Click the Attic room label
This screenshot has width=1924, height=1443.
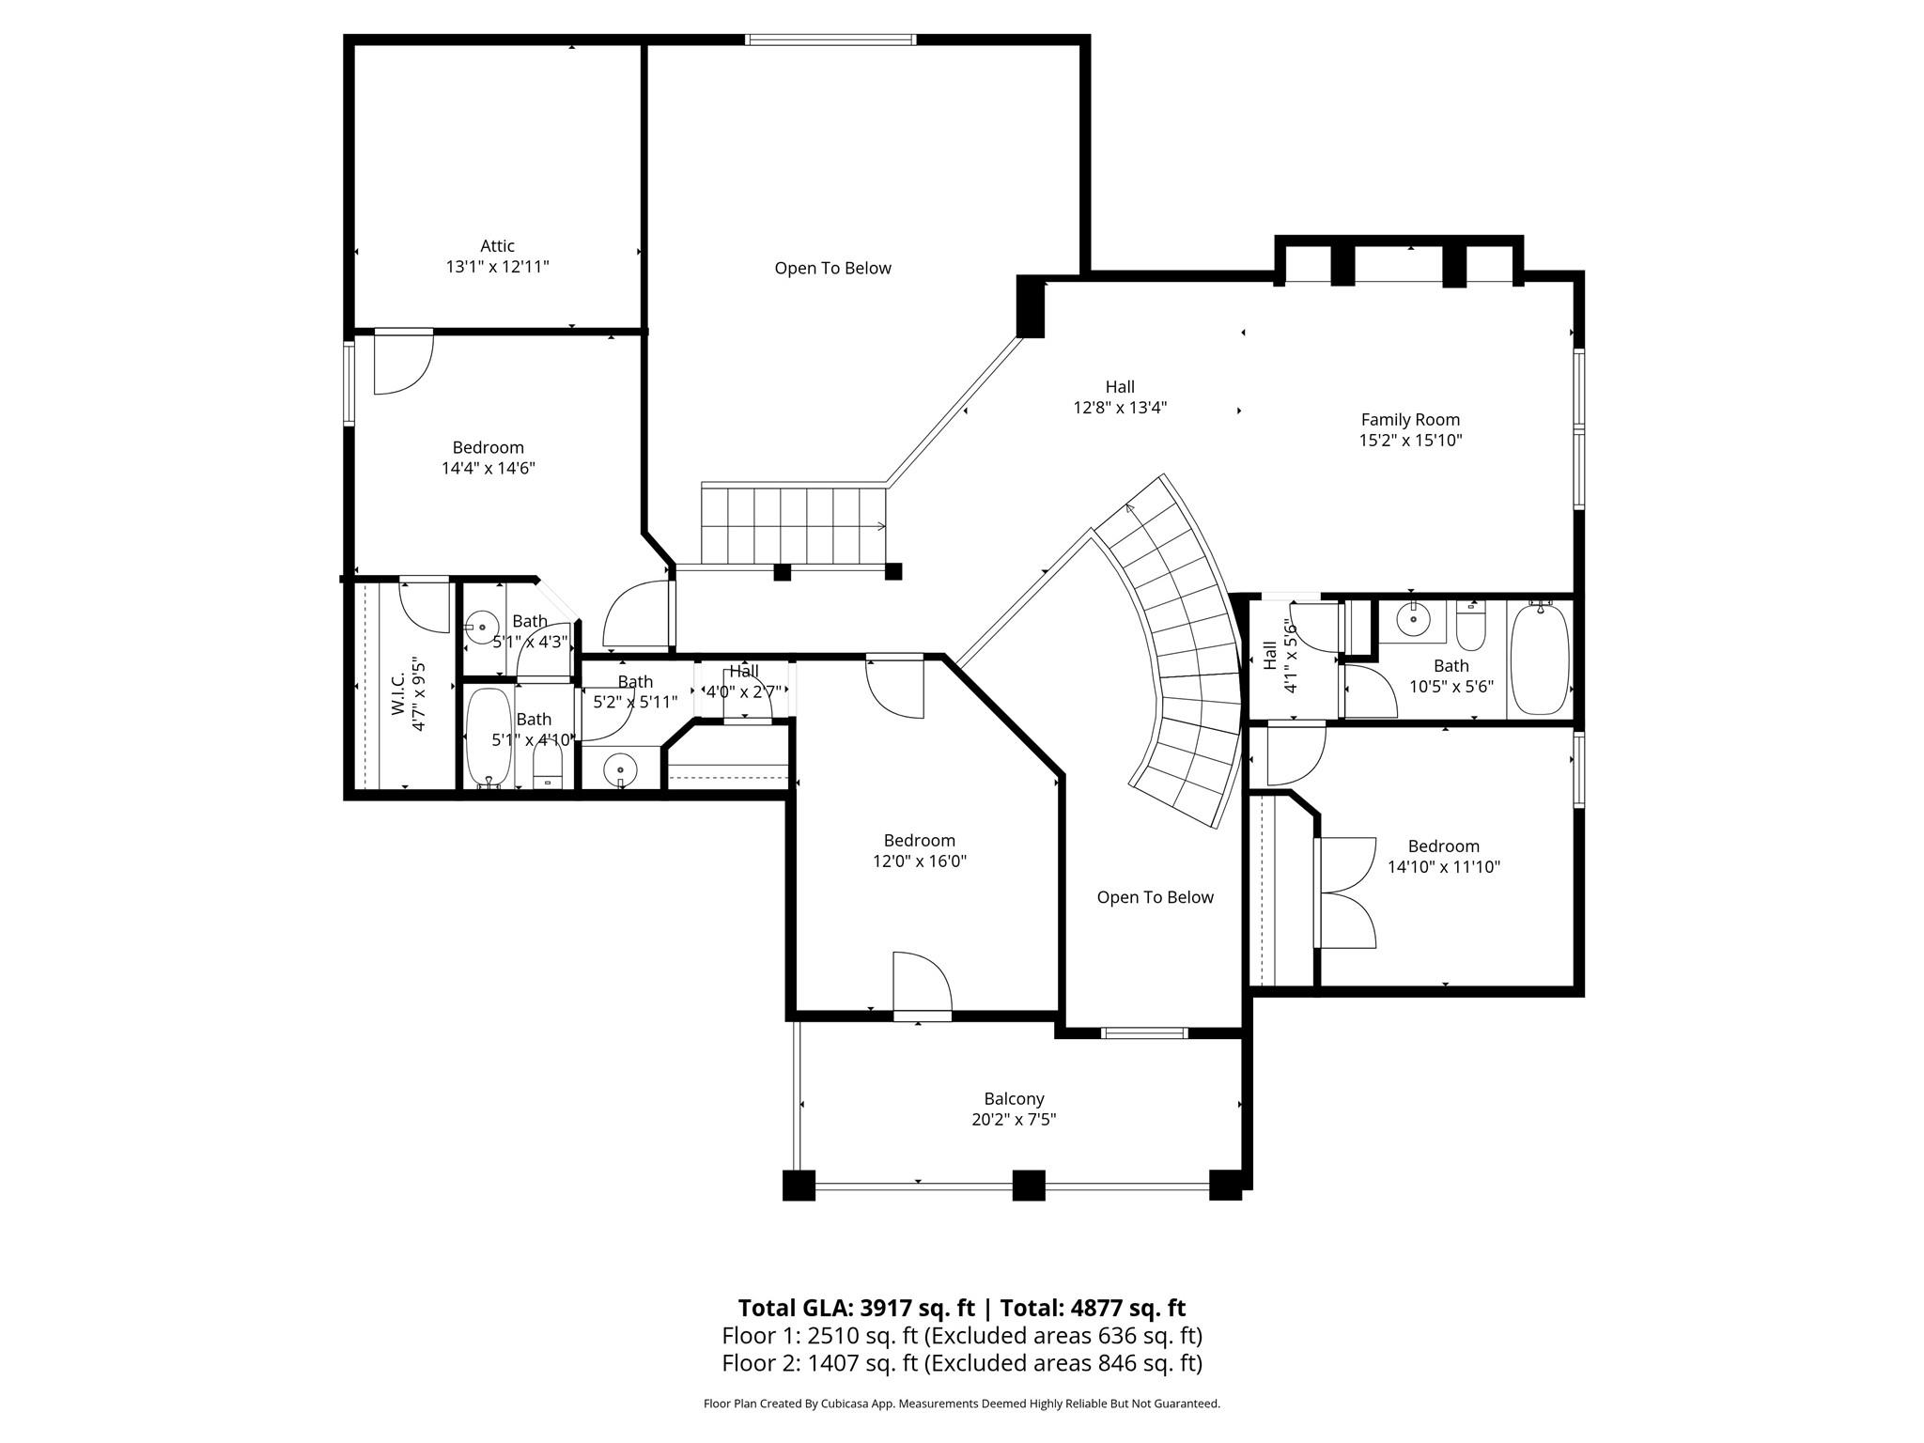(497, 246)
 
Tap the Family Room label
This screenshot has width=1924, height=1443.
(1410, 420)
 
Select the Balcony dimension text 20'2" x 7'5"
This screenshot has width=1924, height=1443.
(1014, 1119)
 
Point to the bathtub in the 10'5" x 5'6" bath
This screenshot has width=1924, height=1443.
(1540, 659)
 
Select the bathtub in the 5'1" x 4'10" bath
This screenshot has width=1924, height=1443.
(489, 737)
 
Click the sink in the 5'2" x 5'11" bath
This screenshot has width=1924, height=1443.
(620, 769)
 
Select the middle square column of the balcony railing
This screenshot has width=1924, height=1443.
(1029, 1185)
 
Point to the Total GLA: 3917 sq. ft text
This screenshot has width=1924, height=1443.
(856, 1308)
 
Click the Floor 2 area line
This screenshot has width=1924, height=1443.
(962, 1362)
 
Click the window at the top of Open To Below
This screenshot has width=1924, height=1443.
(830, 39)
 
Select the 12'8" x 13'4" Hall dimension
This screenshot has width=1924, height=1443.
(1120, 408)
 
